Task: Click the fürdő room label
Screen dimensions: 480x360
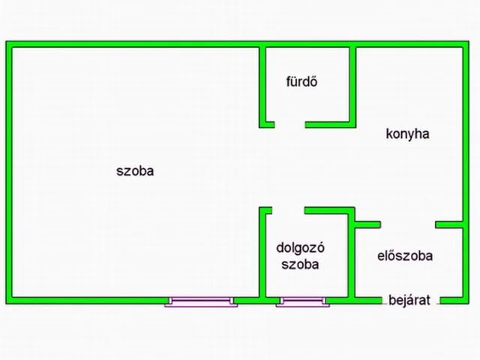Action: coord(301,82)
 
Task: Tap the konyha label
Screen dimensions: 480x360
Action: coord(407,134)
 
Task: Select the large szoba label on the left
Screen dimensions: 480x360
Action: coord(135,171)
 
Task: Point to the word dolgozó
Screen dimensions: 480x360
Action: coord(300,248)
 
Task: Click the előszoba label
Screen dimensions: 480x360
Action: coord(405,256)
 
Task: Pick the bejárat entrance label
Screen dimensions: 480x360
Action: coord(409,300)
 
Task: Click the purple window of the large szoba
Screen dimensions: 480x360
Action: coord(201,301)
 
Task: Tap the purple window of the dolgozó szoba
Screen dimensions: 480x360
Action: coord(303,301)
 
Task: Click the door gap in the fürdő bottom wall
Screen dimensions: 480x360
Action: coord(289,124)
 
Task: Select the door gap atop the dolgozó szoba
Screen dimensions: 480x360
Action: coord(288,210)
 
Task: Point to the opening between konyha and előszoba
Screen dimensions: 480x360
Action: coord(408,225)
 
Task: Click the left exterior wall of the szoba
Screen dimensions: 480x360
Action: coord(9,172)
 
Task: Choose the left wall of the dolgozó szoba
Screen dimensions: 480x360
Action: coord(262,252)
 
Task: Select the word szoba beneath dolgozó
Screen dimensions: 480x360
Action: coord(300,265)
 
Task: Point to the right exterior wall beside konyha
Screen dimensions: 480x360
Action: coord(466,134)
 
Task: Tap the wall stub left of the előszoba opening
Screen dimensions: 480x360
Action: coord(367,225)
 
